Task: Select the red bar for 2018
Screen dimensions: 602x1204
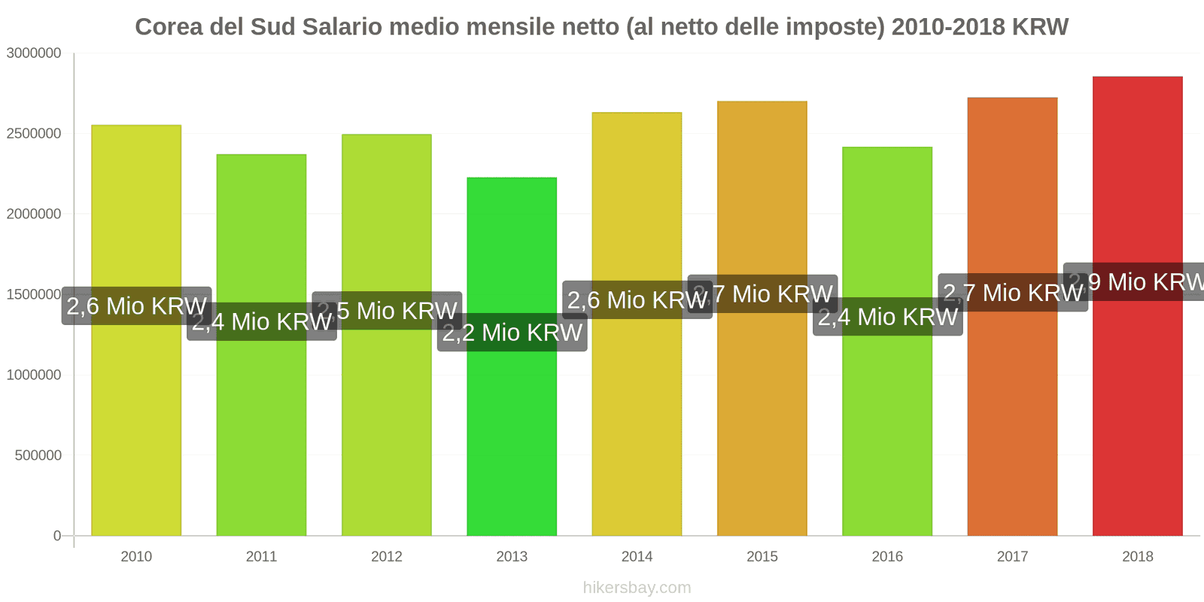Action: click(1137, 414)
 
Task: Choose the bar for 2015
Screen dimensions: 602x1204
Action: click(762, 414)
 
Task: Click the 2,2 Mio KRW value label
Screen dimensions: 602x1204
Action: click(512, 333)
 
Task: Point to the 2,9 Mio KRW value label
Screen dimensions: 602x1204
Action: click(1136, 282)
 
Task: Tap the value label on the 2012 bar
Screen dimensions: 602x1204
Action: click(387, 311)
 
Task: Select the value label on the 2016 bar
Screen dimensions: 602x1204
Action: click(888, 317)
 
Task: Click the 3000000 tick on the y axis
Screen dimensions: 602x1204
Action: click(34, 53)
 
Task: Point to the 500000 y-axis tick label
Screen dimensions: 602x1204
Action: click(38, 455)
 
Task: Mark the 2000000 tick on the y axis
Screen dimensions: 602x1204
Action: click(34, 214)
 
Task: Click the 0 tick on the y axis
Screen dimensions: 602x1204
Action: click(57, 536)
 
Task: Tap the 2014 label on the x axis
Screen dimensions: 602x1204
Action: click(637, 557)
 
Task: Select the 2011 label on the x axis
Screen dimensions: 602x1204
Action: click(261, 557)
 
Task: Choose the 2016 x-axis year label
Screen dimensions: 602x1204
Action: click(887, 557)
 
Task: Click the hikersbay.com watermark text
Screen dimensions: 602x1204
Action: click(637, 588)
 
